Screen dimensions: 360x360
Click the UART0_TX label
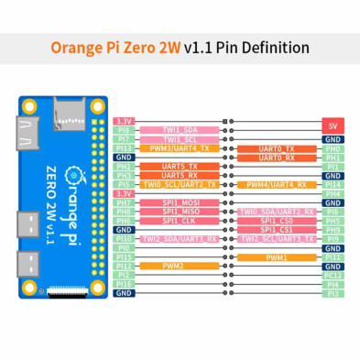click(276, 148)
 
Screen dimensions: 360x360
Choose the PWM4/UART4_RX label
click(276, 184)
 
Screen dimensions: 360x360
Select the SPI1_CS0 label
click(276, 221)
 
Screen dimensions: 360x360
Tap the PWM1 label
click(276, 256)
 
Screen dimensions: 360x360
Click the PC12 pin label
click(333, 275)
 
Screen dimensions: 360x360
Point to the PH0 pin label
click(333, 148)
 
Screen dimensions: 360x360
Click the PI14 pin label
click(333, 184)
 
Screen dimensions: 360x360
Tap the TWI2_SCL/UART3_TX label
click(276, 238)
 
